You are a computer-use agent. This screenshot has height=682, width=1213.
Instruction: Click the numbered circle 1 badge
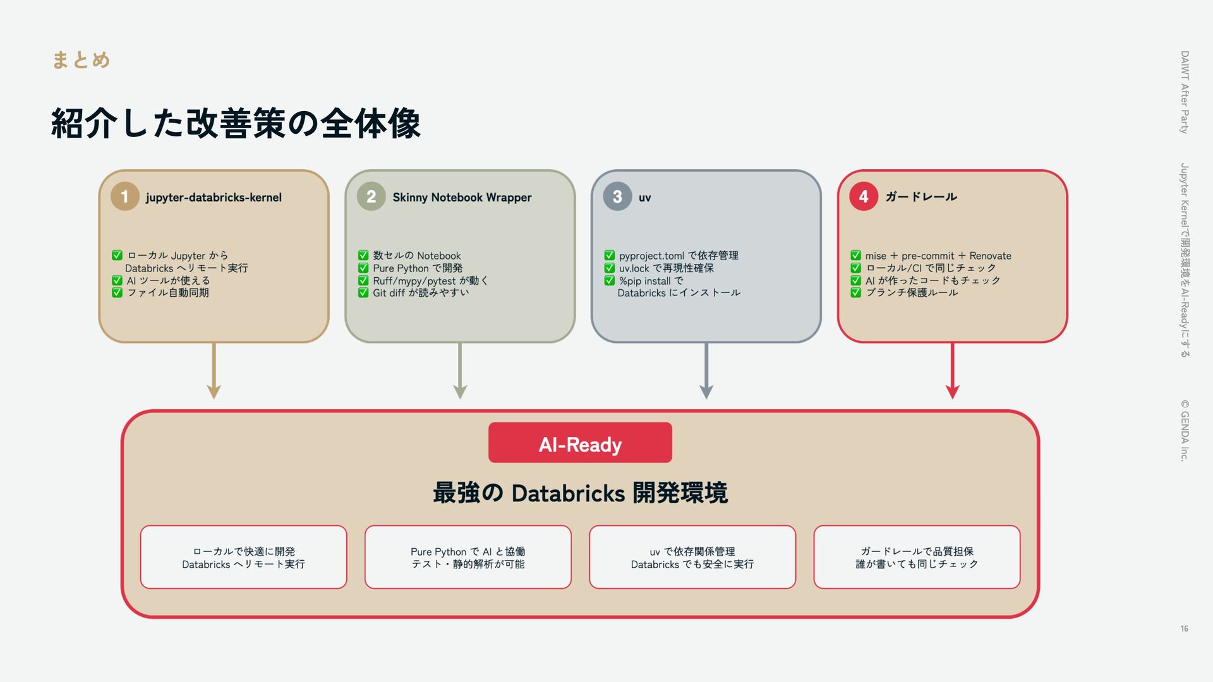coord(124,197)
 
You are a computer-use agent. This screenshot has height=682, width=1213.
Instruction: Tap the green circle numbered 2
coord(371,197)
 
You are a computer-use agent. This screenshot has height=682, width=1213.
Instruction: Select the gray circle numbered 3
coord(617,197)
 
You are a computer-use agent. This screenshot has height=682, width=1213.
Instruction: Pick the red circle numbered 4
coord(863,197)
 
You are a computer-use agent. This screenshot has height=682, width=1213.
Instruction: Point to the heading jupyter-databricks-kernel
coord(214,198)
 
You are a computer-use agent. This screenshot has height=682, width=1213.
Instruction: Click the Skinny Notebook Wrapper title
coord(462,198)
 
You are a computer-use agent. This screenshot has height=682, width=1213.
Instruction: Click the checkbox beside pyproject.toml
coord(610,256)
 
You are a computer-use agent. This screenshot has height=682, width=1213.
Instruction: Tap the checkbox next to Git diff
coord(363,293)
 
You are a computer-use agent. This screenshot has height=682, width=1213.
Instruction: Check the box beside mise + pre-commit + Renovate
coord(855,256)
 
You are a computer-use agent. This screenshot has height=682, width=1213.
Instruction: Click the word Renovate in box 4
coord(990,256)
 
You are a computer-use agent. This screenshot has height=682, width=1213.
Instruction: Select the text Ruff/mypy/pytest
coord(414,281)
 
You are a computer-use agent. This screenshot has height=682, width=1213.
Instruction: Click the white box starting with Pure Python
coord(468,557)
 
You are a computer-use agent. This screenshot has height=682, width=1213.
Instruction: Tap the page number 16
coord(1184,628)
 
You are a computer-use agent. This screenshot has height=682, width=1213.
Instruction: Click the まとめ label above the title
coord(81,60)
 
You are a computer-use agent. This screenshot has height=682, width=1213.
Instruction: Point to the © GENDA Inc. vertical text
coord(1185,431)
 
